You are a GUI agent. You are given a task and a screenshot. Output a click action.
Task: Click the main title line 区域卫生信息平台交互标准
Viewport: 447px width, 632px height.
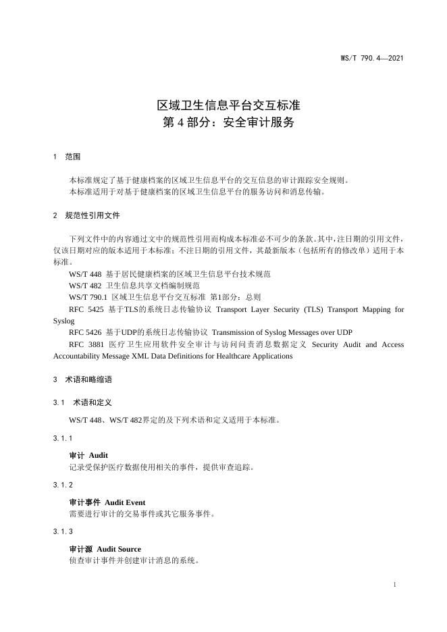point(229,106)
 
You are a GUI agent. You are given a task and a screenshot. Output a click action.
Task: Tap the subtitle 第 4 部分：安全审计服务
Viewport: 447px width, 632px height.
point(229,124)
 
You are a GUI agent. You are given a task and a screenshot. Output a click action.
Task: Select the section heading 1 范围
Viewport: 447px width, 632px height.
point(67,157)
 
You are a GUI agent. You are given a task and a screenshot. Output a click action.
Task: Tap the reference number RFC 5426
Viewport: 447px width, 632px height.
point(85,332)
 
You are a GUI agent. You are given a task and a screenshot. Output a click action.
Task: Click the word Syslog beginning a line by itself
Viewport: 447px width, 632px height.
point(63,321)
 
